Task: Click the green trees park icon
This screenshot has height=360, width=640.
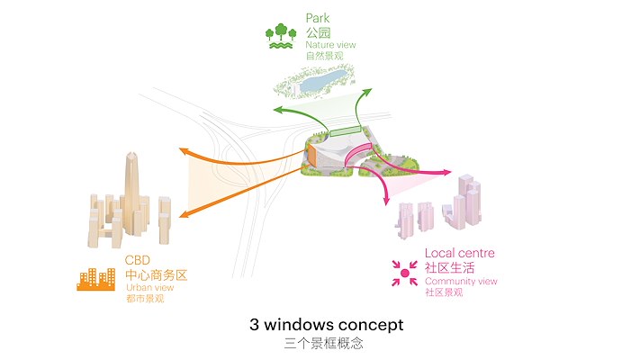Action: point(281,34)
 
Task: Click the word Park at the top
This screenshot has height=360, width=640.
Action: point(318,17)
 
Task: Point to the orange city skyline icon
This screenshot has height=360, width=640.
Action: point(95,279)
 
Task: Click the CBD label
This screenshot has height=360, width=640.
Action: point(138,262)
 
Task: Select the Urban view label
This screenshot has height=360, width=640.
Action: point(149,288)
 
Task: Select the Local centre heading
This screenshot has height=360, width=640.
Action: point(459,254)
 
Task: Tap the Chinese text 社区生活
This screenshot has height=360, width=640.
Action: point(450,268)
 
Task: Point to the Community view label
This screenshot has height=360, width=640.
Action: point(461,282)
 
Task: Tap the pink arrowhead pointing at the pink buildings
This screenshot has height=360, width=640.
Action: point(447,171)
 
